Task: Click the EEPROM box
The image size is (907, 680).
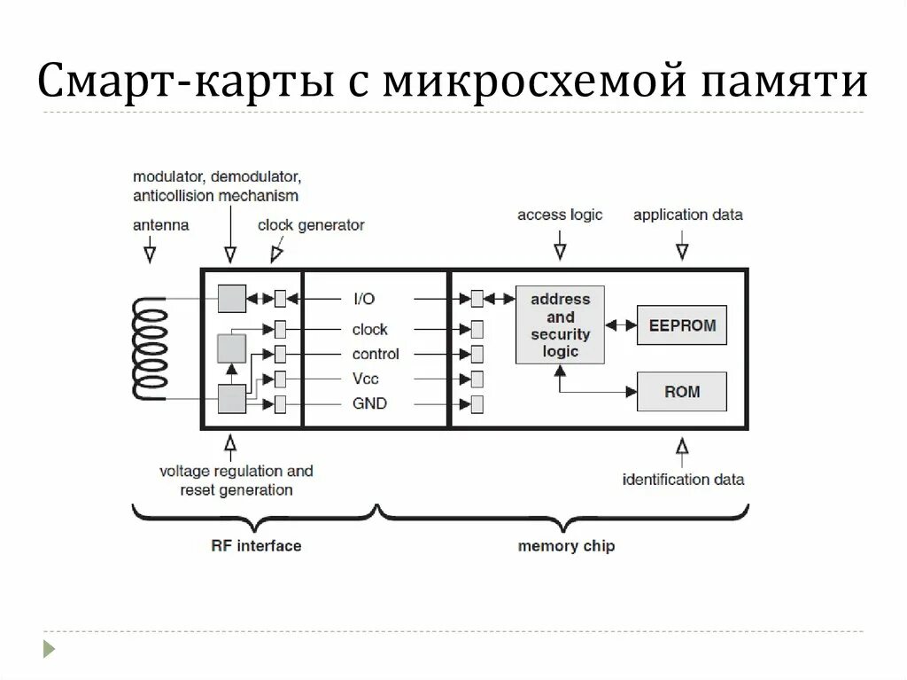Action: (681, 325)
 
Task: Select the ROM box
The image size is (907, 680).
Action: (681, 391)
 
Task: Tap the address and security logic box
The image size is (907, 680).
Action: (560, 324)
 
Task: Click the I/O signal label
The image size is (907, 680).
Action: (364, 300)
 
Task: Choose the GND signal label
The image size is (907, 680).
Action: (369, 404)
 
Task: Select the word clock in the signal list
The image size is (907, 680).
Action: (369, 329)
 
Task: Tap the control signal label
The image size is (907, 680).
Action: (376, 354)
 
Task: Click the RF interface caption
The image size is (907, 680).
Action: (256, 545)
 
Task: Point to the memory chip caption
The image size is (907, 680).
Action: (566, 545)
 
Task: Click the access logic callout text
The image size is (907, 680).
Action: (560, 215)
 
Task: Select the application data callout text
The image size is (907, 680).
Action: (687, 215)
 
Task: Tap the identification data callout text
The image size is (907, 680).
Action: (683, 480)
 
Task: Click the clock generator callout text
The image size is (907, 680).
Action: (311, 225)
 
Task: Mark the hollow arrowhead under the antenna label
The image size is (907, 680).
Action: (150, 254)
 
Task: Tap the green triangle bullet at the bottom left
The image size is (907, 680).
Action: (50, 648)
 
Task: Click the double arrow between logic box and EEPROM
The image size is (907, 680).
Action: (621, 325)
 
